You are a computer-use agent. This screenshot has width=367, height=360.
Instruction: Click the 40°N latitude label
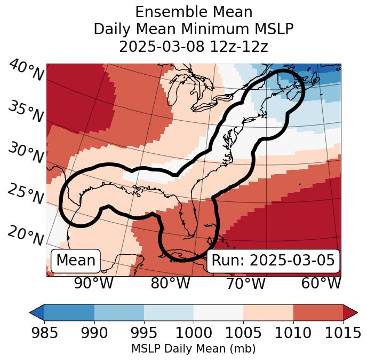click(x=26, y=71)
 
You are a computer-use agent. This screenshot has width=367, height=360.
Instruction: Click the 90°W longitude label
click(x=93, y=284)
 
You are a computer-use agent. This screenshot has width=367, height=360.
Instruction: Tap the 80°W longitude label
click(x=170, y=284)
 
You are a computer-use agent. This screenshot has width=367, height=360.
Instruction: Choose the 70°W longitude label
click(x=245, y=284)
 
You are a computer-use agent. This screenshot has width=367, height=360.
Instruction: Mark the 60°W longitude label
click(x=321, y=284)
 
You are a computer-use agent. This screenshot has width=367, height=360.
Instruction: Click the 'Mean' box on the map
click(x=76, y=261)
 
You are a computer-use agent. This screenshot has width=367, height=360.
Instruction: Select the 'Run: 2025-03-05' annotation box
click(x=273, y=261)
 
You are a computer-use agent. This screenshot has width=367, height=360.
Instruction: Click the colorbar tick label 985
click(x=44, y=333)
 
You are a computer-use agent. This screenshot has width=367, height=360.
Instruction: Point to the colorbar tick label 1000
click(x=194, y=333)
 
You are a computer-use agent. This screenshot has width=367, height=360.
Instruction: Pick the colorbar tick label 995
click(x=144, y=333)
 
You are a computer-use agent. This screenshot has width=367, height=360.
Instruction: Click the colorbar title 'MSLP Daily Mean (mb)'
click(x=193, y=349)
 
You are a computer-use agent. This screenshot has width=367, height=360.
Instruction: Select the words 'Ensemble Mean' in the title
click(x=193, y=12)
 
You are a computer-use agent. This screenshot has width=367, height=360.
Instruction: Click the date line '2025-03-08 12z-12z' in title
click(x=193, y=46)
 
